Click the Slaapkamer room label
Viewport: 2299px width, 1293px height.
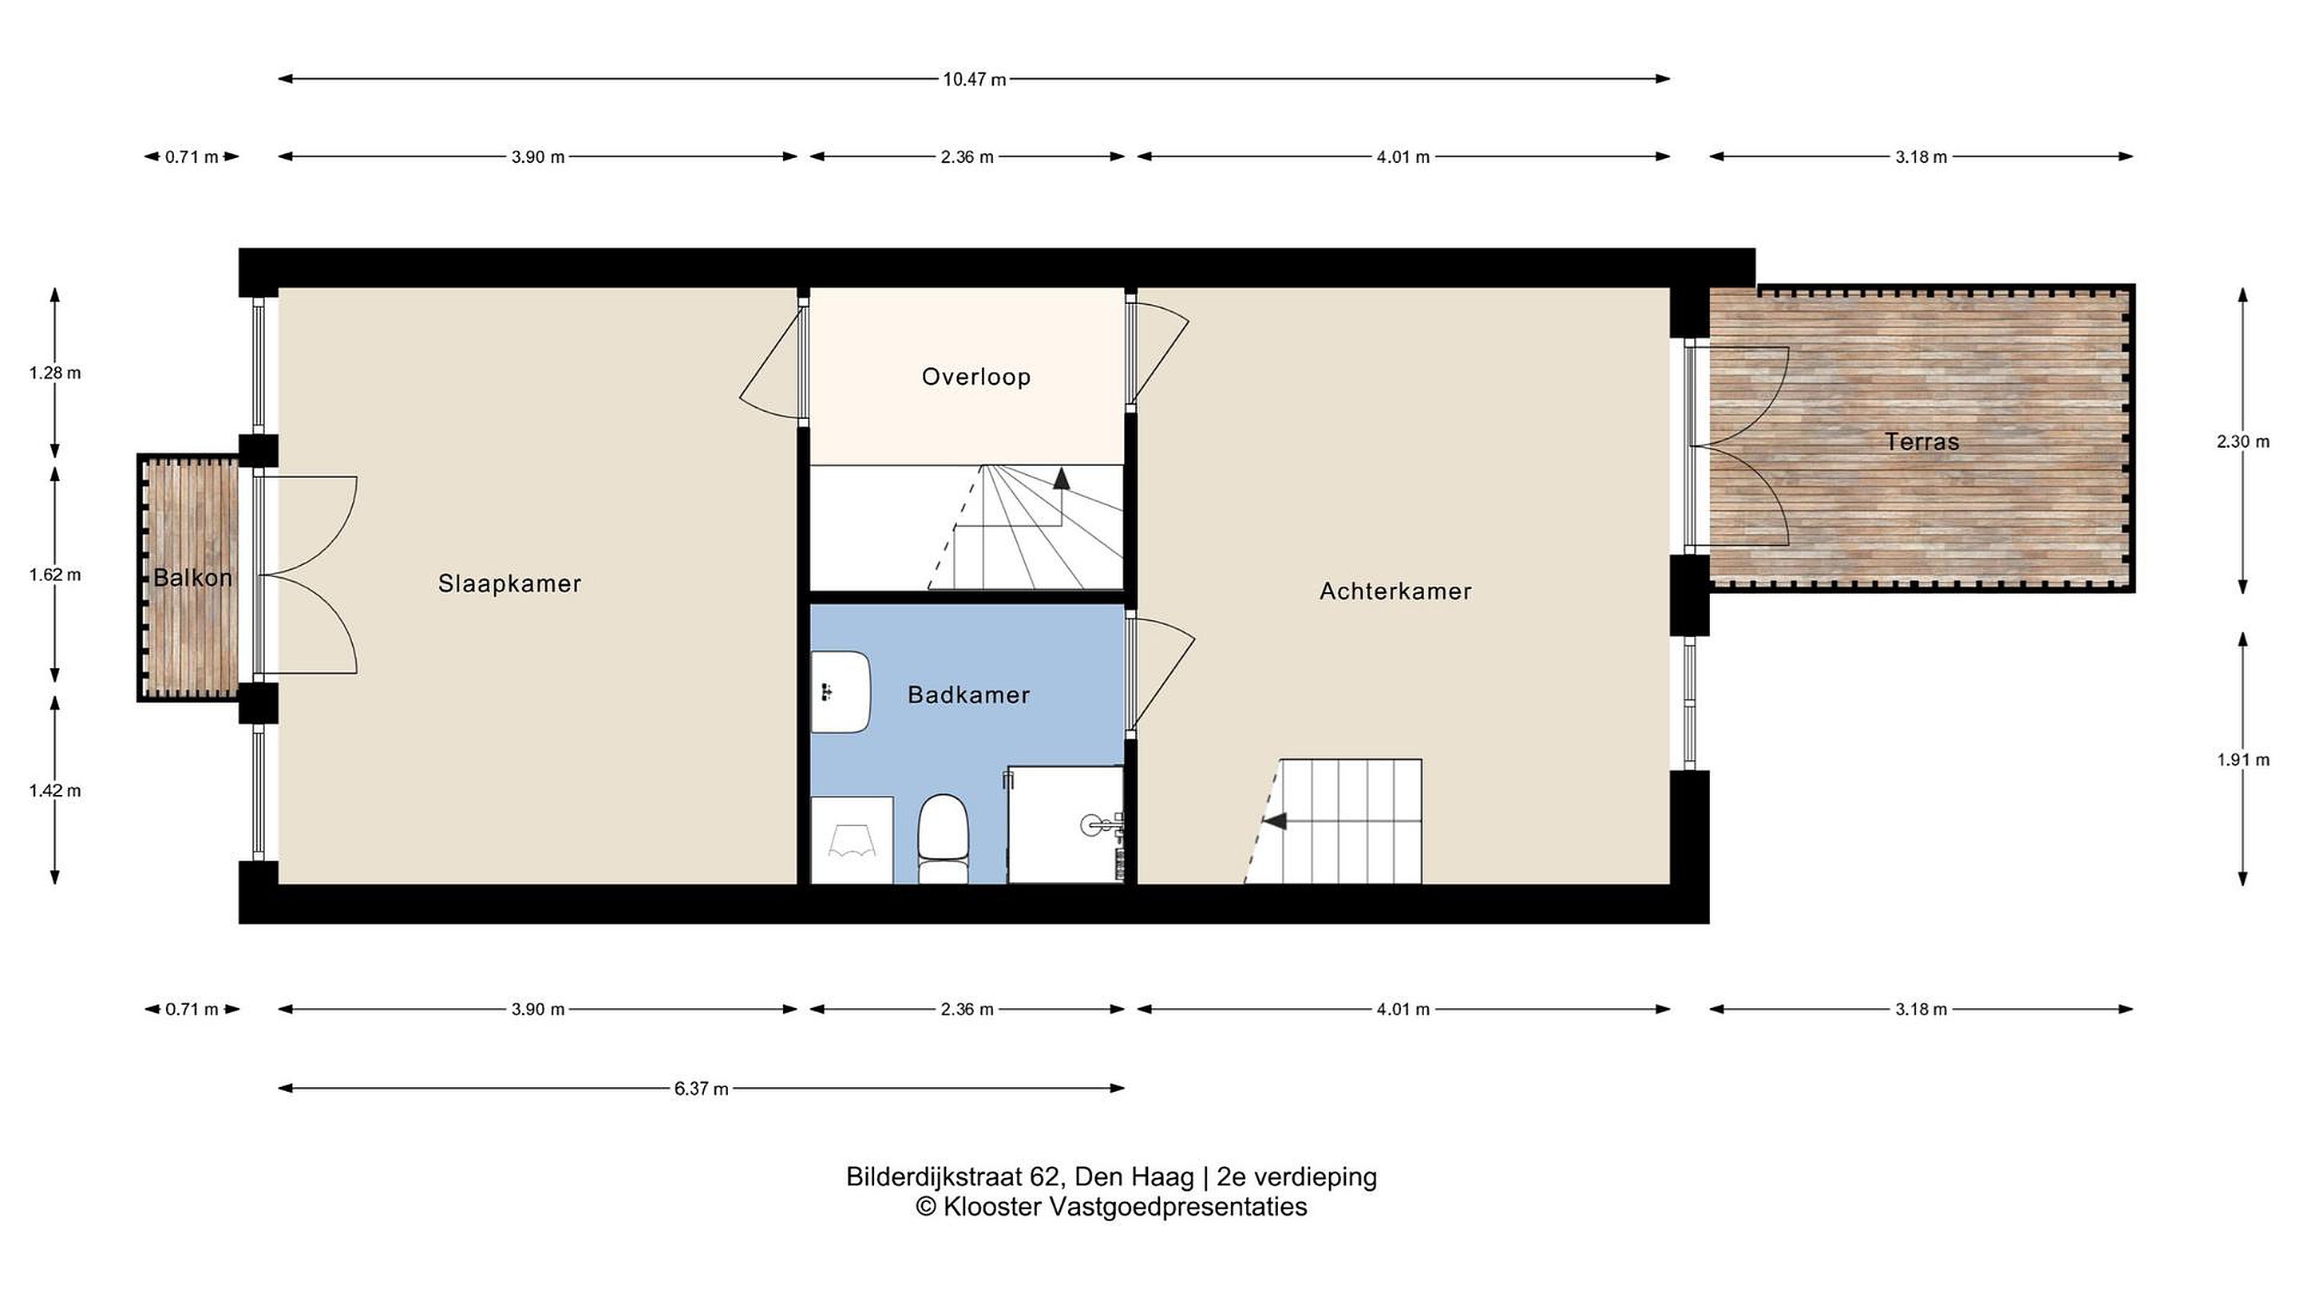509,583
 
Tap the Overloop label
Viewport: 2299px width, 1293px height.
976,378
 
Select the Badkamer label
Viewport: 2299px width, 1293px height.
968,695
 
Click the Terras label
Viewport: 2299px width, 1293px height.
1922,441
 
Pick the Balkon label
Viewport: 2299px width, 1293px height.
192,578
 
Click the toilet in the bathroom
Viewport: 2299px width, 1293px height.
944,839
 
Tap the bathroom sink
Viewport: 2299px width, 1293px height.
840,691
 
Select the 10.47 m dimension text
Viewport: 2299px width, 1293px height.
975,80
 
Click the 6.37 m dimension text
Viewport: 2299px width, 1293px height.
702,1089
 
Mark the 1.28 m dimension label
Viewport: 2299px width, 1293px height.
55,373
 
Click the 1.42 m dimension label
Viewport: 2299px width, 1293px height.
55,791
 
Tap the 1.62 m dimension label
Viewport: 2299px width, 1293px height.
55,575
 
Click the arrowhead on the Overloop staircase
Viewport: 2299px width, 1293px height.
1061,478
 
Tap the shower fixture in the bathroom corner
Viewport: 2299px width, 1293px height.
1066,824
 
